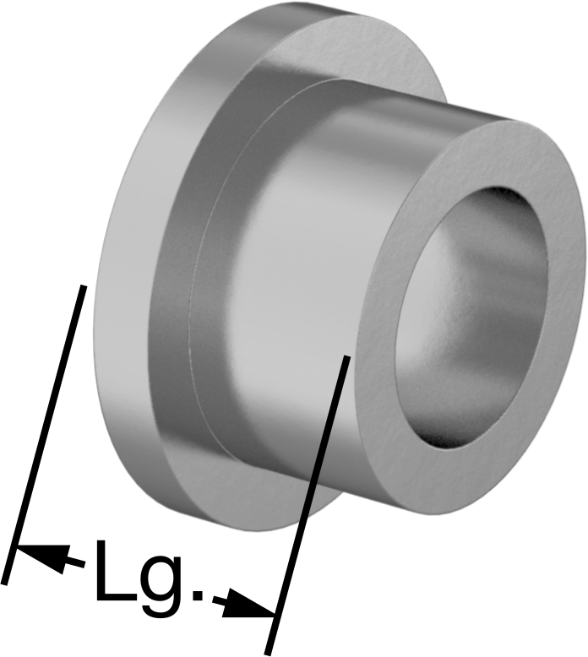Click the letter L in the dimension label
(112, 571)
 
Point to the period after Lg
(197, 595)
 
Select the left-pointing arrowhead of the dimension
(42, 557)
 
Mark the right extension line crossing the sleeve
(307, 505)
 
